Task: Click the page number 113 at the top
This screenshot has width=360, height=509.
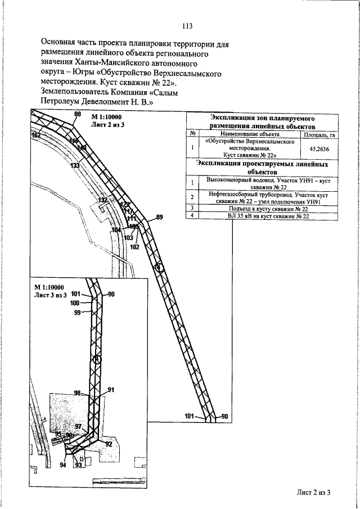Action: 187,25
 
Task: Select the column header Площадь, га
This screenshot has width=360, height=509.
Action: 316,135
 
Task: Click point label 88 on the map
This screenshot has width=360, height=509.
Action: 78,115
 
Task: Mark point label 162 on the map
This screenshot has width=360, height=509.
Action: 37,136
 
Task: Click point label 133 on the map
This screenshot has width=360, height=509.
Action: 74,166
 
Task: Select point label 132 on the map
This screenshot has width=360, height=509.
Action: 102,200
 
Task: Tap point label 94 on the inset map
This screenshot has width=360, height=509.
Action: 62,465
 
